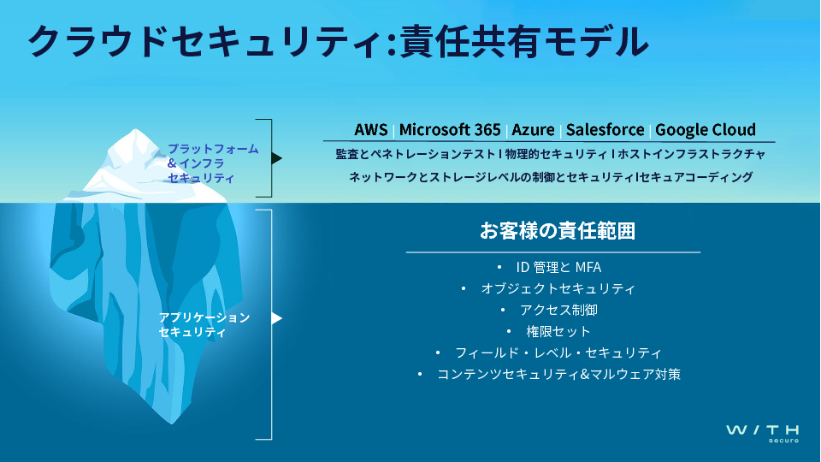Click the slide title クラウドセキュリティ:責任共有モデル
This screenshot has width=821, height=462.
pyautogui.click(x=339, y=42)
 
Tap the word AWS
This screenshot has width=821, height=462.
pyautogui.click(x=370, y=129)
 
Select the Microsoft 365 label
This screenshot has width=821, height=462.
pyautogui.click(x=450, y=129)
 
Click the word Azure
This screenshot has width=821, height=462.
pyautogui.click(x=533, y=129)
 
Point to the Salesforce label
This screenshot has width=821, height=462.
pyautogui.click(x=605, y=129)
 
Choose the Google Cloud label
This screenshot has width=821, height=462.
pyautogui.click(x=706, y=129)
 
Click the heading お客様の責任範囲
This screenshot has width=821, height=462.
pyautogui.click(x=558, y=230)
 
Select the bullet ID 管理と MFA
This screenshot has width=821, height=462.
pyautogui.click(x=558, y=267)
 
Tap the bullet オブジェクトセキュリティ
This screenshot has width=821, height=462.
pyautogui.click(x=558, y=288)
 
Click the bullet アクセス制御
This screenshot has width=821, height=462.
pyautogui.click(x=558, y=310)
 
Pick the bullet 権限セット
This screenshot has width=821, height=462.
pyautogui.click(x=558, y=332)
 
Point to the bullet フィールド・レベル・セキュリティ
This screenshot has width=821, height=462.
pyautogui.click(x=558, y=353)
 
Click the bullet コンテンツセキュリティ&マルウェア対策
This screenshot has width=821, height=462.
pyautogui.click(x=558, y=375)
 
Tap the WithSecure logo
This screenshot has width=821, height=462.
pyautogui.click(x=762, y=433)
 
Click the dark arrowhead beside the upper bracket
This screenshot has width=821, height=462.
pyautogui.click(x=277, y=158)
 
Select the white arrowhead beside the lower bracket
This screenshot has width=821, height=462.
pyautogui.click(x=277, y=318)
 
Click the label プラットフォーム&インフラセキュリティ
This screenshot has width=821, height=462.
pyautogui.click(x=213, y=163)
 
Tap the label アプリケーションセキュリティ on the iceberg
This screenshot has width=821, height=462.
pyautogui.click(x=204, y=325)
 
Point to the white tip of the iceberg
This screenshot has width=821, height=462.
pyautogui.click(x=136, y=130)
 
